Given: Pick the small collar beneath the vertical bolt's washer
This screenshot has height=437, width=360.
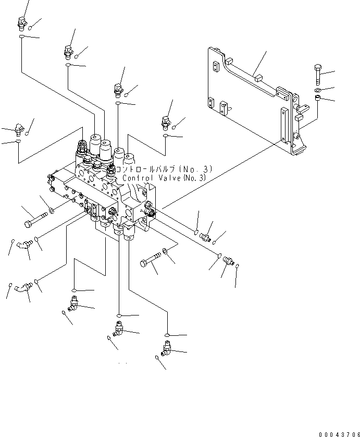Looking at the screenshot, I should [318, 99].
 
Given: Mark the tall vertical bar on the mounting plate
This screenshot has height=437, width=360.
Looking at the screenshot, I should [284, 125].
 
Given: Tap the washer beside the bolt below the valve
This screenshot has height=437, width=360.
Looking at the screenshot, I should [165, 252].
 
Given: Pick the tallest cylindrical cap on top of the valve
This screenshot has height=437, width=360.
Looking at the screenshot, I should [95, 141].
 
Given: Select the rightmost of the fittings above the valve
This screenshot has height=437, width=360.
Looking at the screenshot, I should [167, 122].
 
